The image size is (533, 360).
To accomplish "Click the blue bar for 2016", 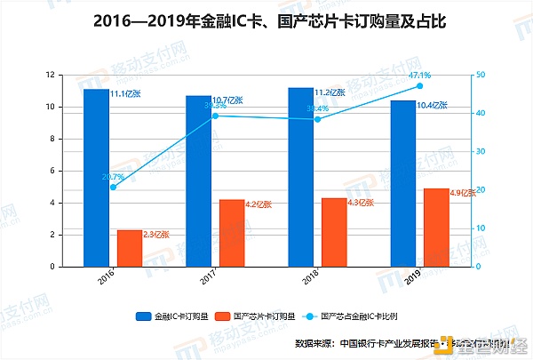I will click(96, 178).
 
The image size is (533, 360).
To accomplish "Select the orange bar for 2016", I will click(130, 248).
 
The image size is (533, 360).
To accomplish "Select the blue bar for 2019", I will click(402, 183).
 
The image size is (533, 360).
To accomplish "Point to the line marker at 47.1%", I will click(419, 85).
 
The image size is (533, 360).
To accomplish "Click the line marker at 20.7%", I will click(113, 187).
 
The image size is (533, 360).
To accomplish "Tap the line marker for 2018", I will click(317, 119).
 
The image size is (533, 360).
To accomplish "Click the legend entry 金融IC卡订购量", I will click(172, 316).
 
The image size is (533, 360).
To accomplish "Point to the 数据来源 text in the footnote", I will click(315, 342).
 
